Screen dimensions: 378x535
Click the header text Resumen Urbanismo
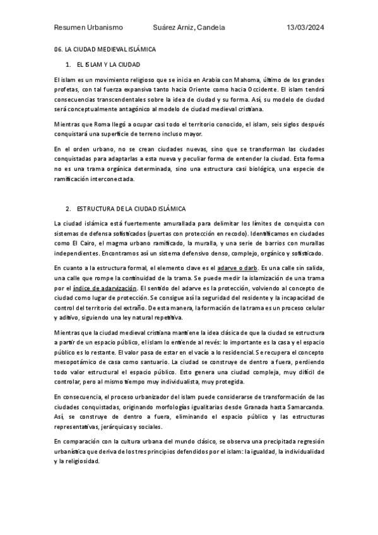click(88, 28)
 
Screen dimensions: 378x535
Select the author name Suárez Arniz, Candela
click(189, 28)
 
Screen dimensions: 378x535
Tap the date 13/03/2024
click(305, 28)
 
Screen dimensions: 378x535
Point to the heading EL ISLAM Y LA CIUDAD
click(109, 64)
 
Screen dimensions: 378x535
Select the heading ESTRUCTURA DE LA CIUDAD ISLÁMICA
click(131, 208)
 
